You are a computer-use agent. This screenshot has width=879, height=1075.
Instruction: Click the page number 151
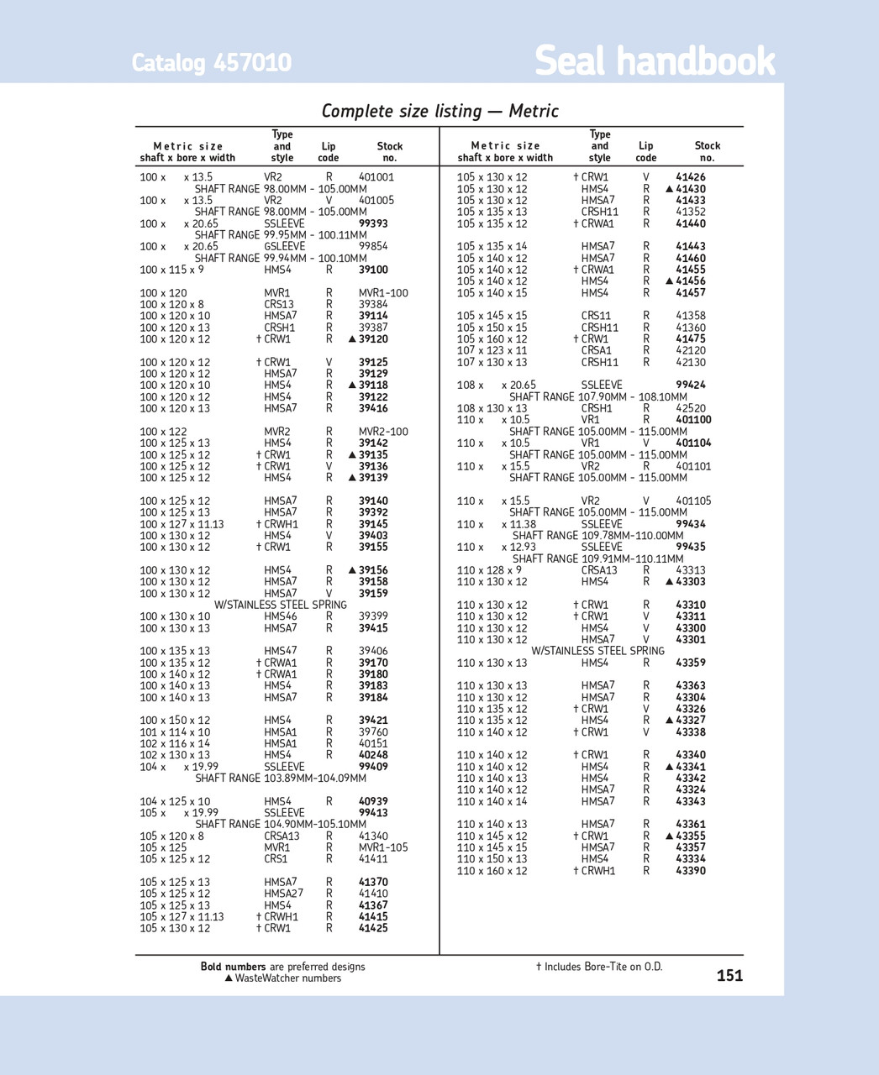[729, 975]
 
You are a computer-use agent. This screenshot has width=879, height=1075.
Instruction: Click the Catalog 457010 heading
[211, 63]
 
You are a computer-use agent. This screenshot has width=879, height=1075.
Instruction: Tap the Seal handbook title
[655, 60]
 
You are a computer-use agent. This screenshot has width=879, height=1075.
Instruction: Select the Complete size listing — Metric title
[439, 111]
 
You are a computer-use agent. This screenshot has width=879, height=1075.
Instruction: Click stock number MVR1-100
[383, 293]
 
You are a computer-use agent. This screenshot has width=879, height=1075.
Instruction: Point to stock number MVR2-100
[383, 432]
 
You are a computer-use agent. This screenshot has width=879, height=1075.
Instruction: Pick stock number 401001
[376, 177]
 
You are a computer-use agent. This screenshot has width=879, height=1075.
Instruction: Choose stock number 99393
[373, 223]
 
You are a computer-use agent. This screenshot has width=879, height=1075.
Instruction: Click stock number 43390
[691, 871]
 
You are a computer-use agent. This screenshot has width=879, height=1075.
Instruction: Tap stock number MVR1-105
[383, 847]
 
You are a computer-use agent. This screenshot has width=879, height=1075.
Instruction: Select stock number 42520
[691, 408]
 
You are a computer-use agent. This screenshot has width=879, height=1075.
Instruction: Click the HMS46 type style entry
[280, 616]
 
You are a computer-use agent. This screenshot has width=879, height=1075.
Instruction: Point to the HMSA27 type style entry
[283, 894]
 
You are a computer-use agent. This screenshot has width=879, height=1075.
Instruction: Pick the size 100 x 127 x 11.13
[182, 524]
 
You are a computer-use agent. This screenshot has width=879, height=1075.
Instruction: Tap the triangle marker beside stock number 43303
[670, 582]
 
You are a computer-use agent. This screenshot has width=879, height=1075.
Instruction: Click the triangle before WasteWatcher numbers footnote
[229, 978]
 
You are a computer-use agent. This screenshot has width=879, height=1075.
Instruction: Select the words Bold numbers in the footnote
[233, 967]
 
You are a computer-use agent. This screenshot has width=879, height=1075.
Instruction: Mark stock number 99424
[691, 385]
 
